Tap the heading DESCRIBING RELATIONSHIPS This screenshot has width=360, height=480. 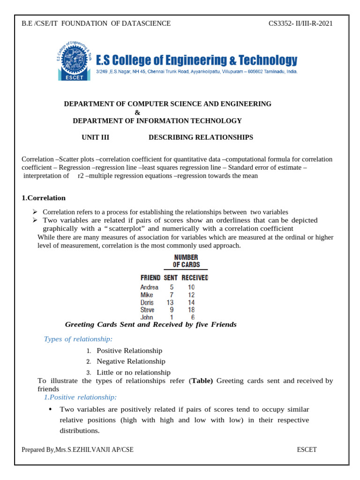(201, 137)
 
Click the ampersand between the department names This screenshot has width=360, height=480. (137, 112)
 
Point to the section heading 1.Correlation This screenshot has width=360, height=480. (44, 198)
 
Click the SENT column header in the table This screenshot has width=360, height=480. (170, 277)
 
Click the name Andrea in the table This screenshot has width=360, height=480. (149, 287)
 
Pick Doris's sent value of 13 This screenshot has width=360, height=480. (170, 302)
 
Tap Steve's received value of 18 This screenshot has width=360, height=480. (191, 310)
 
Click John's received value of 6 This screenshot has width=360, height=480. (192, 317)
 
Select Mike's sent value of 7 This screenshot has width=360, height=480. (172, 295)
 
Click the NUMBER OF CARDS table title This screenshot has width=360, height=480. (186, 261)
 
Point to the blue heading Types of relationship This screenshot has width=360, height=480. (78, 339)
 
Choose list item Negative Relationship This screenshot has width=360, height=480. (131, 361)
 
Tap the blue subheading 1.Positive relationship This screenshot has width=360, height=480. (80, 397)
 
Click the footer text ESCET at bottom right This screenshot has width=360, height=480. (307, 450)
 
